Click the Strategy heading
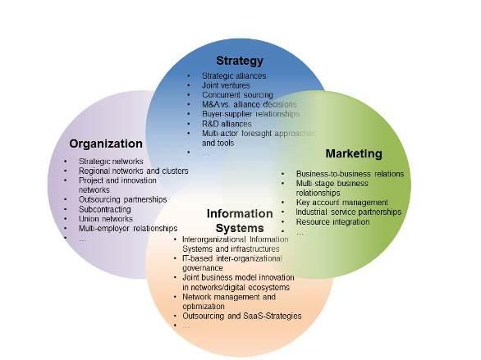pos(240,61)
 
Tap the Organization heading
pos(106,144)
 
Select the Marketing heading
pos(354,153)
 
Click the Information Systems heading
pos(240,221)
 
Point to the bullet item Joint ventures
pos(226,85)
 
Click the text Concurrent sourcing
pos(237,94)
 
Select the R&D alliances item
pos(227,124)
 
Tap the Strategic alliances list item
pos(234,75)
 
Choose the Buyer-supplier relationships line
pos(250,114)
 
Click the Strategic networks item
pos(111,162)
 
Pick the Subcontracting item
pos(105,209)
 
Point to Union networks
pos(106,219)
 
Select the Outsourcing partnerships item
pos(122,199)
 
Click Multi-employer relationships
pos(128,228)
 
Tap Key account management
pos(342,203)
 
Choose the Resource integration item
pos(332,221)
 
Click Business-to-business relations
pos(350,174)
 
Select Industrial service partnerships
pos(349,212)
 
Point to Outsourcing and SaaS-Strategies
pos(242,316)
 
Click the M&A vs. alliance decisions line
pos(249,104)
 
